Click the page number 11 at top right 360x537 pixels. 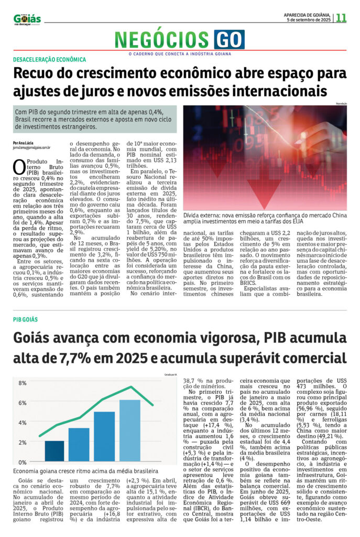[x=342, y=17]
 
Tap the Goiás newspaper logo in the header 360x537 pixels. [x=27, y=19]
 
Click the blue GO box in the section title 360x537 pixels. [x=229, y=39]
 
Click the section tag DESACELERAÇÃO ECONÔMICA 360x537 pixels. [x=50, y=60]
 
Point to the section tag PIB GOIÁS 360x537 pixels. [x=26, y=319]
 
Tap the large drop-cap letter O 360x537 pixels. [x=19, y=167]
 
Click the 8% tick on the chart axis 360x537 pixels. [x=23, y=383]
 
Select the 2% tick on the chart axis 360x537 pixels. [x=23, y=443]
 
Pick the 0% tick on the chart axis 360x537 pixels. [x=23, y=463]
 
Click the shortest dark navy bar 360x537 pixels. [x=54, y=452]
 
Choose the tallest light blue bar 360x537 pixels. [x=130, y=431]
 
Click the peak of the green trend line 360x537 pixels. [x=132, y=387]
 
